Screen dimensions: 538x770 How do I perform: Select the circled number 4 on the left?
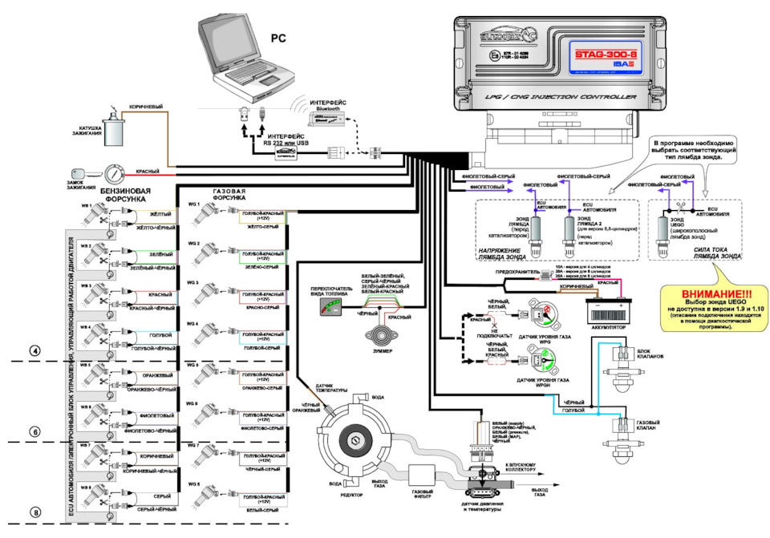pyautogui.click(x=35, y=350)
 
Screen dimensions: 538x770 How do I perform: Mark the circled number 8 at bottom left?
pyautogui.click(x=35, y=512)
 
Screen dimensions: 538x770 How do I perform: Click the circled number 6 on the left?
pyautogui.click(x=35, y=431)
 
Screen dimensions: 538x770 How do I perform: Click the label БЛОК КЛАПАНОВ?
pyautogui.click(x=649, y=355)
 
